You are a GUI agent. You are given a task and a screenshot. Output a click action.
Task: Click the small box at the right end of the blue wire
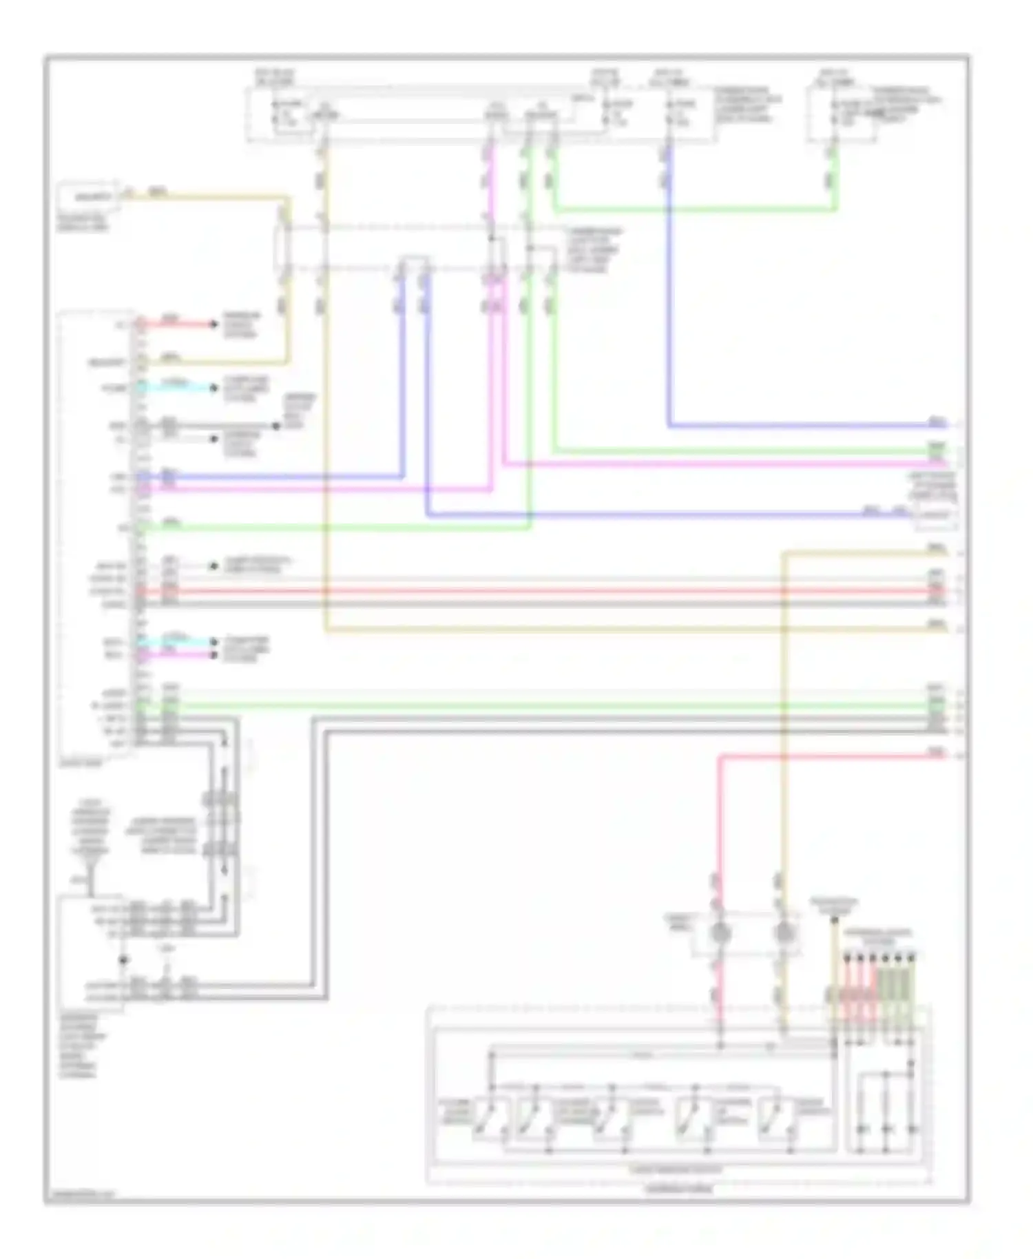coord(934,514)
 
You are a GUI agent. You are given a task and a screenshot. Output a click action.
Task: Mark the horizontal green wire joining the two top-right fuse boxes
coord(696,209)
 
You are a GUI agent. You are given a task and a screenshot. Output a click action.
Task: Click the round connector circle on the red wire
coord(720,934)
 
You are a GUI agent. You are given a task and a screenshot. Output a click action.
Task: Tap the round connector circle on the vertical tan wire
coord(783,934)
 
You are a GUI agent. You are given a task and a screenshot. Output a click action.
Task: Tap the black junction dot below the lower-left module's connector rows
coord(123,960)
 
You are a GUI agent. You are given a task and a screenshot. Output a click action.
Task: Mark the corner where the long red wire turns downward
coord(720,756)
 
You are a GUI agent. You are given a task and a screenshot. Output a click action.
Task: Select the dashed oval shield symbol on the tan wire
coord(283,247)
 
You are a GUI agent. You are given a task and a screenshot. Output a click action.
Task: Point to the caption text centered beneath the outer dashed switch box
coord(678,1189)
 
